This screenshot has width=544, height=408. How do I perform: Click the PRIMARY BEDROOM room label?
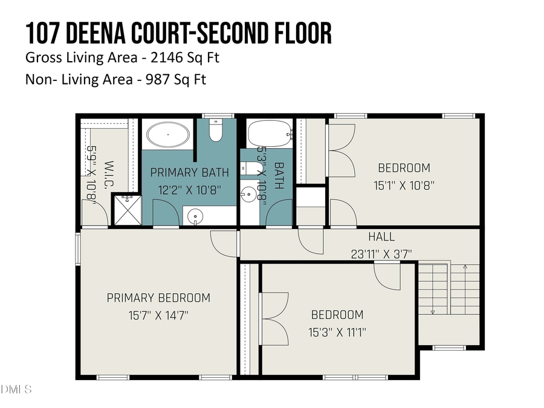pyautogui.click(x=158, y=297)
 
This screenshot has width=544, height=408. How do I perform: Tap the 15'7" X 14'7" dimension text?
pyautogui.click(x=158, y=315)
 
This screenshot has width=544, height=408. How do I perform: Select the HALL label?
pyautogui.click(x=381, y=236)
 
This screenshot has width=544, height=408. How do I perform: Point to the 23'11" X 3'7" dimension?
pyautogui.click(x=381, y=254)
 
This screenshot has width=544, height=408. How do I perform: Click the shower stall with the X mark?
pyautogui.click(x=128, y=210)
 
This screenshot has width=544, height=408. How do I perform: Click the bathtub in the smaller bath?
pyautogui.click(x=268, y=134)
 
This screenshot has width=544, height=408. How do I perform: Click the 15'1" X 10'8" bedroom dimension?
pyautogui.click(x=404, y=186)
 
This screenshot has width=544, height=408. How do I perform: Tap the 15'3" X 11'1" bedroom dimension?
pyautogui.click(x=337, y=332)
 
